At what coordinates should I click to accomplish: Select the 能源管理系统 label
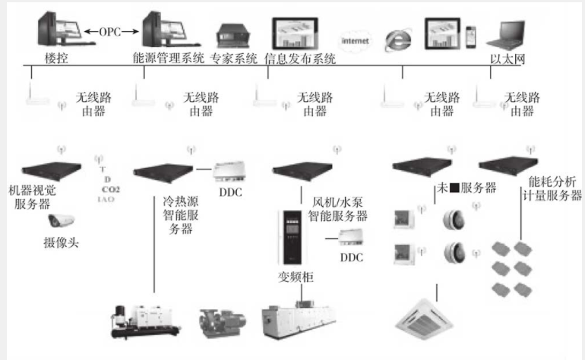(x=168, y=58)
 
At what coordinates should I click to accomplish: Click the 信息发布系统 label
(x=300, y=58)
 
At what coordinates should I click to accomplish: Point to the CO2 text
(x=111, y=188)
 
